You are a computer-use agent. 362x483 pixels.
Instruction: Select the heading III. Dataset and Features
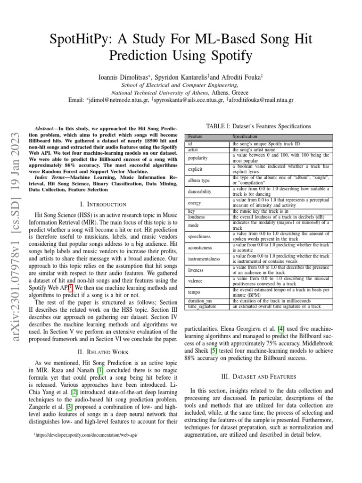pos(259,376)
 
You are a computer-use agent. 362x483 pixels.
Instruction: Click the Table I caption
pos(259,126)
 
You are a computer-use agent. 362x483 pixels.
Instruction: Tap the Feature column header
pos(195,136)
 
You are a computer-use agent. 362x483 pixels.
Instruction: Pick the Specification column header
pos(245,136)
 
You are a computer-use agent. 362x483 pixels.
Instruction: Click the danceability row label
pos(200,192)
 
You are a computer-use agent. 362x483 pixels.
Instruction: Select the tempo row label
pos(195,292)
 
